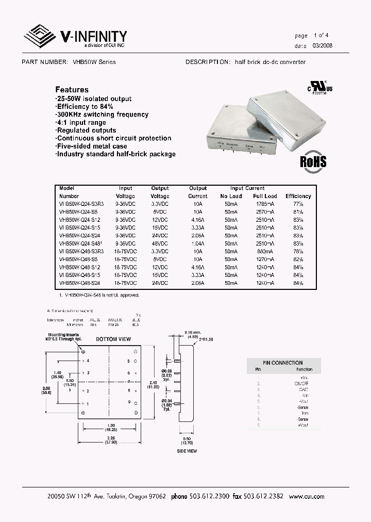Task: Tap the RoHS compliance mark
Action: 313,160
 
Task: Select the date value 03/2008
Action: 323,46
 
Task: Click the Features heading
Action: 72,89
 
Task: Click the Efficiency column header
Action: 298,196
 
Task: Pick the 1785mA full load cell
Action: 264,204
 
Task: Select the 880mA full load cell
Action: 264,251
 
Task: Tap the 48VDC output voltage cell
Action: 160,243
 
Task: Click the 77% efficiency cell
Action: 298,204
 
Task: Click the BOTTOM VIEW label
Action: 110,339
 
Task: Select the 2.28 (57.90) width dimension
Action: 110,440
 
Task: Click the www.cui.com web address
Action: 307,496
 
